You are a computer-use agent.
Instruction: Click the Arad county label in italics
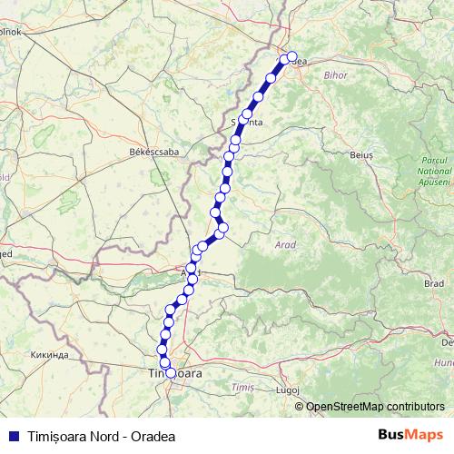point(284,245)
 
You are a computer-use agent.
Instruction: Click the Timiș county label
point(242,388)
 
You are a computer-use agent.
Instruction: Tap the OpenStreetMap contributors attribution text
point(374,406)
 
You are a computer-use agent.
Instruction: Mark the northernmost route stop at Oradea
point(291,55)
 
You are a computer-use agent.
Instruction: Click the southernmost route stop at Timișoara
point(170,372)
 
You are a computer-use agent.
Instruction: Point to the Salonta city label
point(247,121)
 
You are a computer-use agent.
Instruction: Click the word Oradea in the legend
point(148,435)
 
